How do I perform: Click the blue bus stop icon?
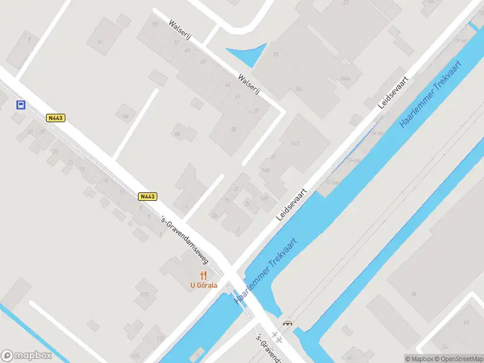(x=21, y=105)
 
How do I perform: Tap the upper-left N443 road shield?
(x=55, y=118)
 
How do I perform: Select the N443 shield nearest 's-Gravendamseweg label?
(x=148, y=196)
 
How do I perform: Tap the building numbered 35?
(x=234, y=129)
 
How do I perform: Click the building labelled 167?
(x=295, y=143)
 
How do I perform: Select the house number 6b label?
(x=177, y=134)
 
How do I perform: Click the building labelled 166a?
(x=345, y=79)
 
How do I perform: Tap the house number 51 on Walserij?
(x=177, y=42)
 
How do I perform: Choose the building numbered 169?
(x=264, y=198)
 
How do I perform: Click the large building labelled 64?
(x=414, y=293)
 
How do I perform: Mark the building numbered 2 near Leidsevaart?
(x=238, y=230)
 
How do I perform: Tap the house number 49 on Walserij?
(x=188, y=51)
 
